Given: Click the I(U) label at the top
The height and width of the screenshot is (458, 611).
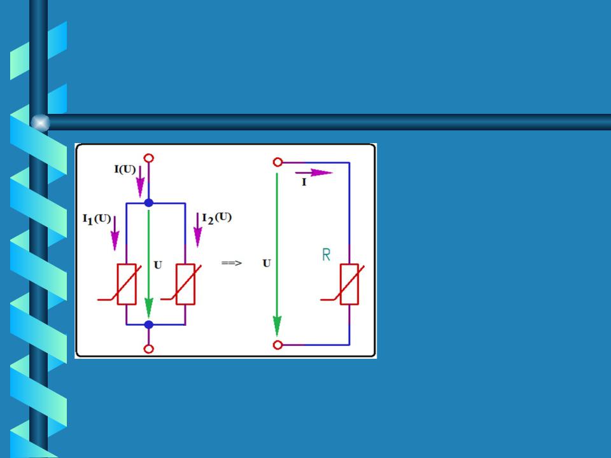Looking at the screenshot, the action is click(x=125, y=169).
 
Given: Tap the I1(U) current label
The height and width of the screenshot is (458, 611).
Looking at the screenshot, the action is click(x=97, y=219).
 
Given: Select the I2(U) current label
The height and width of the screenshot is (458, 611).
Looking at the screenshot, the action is click(x=216, y=218).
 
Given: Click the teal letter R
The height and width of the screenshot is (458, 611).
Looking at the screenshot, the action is click(x=327, y=254).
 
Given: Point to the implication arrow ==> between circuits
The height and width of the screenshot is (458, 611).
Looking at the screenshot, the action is click(x=232, y=263).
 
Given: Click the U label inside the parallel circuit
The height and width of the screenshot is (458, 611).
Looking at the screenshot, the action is click(x=158, y=265).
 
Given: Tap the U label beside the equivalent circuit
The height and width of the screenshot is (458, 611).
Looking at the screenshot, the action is click(x=267, y=263).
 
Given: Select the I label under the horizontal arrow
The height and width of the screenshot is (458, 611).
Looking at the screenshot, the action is click(x=304, y=183).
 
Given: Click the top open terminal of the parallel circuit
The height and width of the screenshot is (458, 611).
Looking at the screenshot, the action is click(x=149, y=158).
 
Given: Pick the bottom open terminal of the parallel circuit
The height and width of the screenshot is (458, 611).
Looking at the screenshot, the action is click(x=149, y=349).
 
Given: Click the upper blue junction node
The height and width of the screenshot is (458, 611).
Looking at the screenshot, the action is click(x=149, y=203).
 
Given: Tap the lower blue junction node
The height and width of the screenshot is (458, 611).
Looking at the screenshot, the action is click(x=149, y=324).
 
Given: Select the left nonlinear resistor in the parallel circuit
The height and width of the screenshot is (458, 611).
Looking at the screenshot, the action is click(x=126, y=284).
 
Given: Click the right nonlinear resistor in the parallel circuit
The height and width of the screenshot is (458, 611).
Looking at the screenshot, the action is click(x=185, y=284).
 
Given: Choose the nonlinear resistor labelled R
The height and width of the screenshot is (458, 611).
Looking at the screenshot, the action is click(x=349, y=284).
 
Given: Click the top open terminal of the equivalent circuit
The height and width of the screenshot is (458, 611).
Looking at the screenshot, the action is click(x=278, y=162).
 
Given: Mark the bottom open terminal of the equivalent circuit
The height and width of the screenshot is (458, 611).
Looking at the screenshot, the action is click(x=278, y=345).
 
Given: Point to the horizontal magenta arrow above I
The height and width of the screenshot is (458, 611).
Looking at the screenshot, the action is click(x=314, y=172).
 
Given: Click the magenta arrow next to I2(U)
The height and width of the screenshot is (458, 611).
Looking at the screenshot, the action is click(x=198, y=230).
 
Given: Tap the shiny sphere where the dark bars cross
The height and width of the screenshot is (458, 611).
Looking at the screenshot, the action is click(x=40, y=123).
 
